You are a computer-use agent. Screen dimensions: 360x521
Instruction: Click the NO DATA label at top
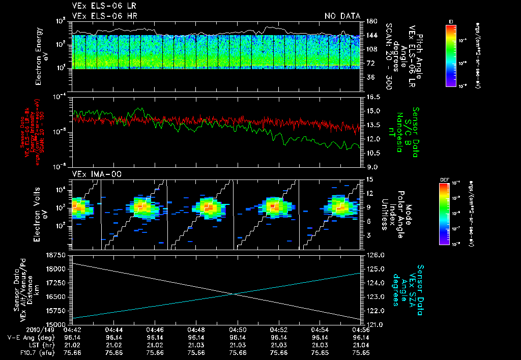pos(342,16)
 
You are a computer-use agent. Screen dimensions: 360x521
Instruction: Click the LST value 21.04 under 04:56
pos(361,344)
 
